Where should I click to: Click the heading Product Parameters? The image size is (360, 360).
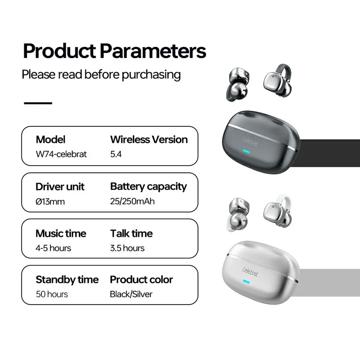tap(114, 51)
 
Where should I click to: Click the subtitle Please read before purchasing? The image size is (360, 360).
tap(101, 74)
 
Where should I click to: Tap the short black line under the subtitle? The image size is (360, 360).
tap(38, 103)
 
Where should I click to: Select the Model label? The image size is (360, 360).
tap(50, 139)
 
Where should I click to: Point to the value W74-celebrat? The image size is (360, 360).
tap(61, 154)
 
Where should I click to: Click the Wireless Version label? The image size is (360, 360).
tap(149, 139)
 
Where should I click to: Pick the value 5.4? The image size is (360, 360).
tap(116, 154)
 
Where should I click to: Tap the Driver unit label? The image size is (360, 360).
tap(60, 186)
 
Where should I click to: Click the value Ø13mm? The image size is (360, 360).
tap(50, 201)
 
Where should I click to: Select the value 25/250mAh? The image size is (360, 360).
tap(132, 201)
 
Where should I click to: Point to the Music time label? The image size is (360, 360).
tap(61, 234)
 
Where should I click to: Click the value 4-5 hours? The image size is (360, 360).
tap(53, 248)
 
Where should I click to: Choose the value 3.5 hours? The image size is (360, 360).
tap(127, 248)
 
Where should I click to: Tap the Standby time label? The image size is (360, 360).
tap(67, 280)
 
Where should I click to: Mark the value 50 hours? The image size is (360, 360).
tap(52, 294)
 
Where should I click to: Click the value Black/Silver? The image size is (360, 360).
tap(131, 294)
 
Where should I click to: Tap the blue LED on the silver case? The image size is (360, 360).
tap(246, 283)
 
